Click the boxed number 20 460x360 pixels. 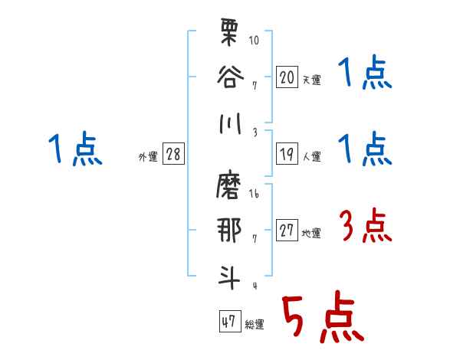click(287, 77)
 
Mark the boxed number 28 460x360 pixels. click(173, 155)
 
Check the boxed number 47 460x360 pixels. click(228, 322)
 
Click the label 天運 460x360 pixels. click(311, 80)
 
